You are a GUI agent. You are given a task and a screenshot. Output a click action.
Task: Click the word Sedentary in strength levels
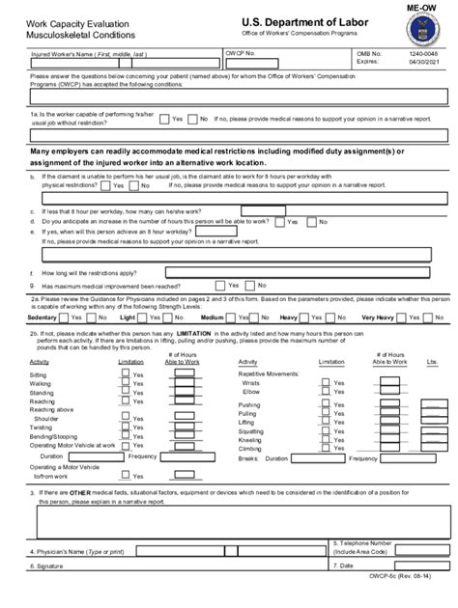(x=43, y=318)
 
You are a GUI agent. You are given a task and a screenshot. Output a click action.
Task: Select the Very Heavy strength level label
(x=378, y=318)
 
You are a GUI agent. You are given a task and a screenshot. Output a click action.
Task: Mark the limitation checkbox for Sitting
(x=126, y=374)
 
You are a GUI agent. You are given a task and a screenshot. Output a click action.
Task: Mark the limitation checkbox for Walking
(x=126, y=384)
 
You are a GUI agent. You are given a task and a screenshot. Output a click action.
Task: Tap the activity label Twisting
(x=42, y=427)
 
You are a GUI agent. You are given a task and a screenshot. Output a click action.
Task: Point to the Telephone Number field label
(x=362, y=546)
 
